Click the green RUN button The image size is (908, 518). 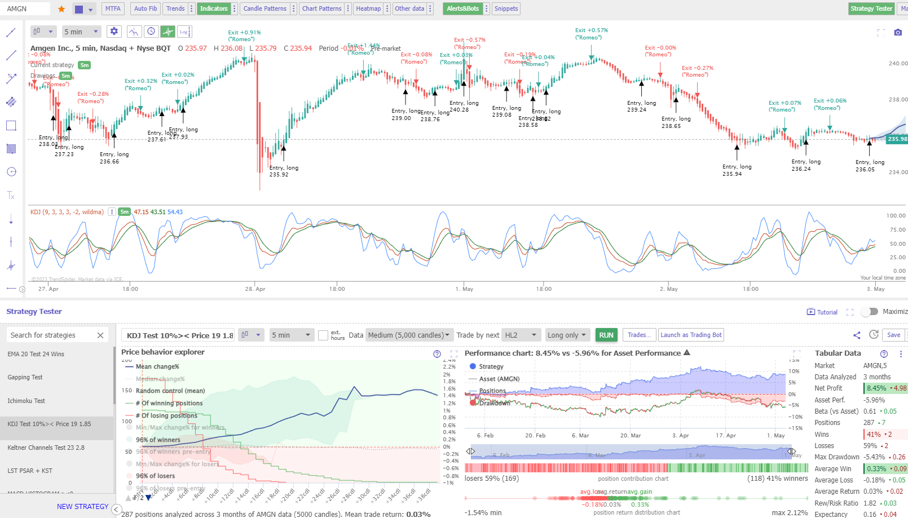(606, 335)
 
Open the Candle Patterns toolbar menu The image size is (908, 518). (265, 8)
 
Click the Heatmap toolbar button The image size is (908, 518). (368, 8)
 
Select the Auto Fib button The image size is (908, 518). (146, 8)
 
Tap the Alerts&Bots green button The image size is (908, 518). (462, 8)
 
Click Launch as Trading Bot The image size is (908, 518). (691, 335)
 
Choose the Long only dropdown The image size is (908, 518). (567, 335)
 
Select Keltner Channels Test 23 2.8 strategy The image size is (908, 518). (46, 448)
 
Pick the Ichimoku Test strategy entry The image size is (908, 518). (26, 401)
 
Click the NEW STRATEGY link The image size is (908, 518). (82, 507)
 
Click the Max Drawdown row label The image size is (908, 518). (836, 457)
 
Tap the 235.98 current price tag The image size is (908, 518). (897, 139)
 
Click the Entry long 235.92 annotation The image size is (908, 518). (283, 171)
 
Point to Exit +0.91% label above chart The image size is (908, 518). (244, 33)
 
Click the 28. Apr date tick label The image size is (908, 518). (255, 289)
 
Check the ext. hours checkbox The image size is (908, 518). (323, 335)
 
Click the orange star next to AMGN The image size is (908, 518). (61, 9)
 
